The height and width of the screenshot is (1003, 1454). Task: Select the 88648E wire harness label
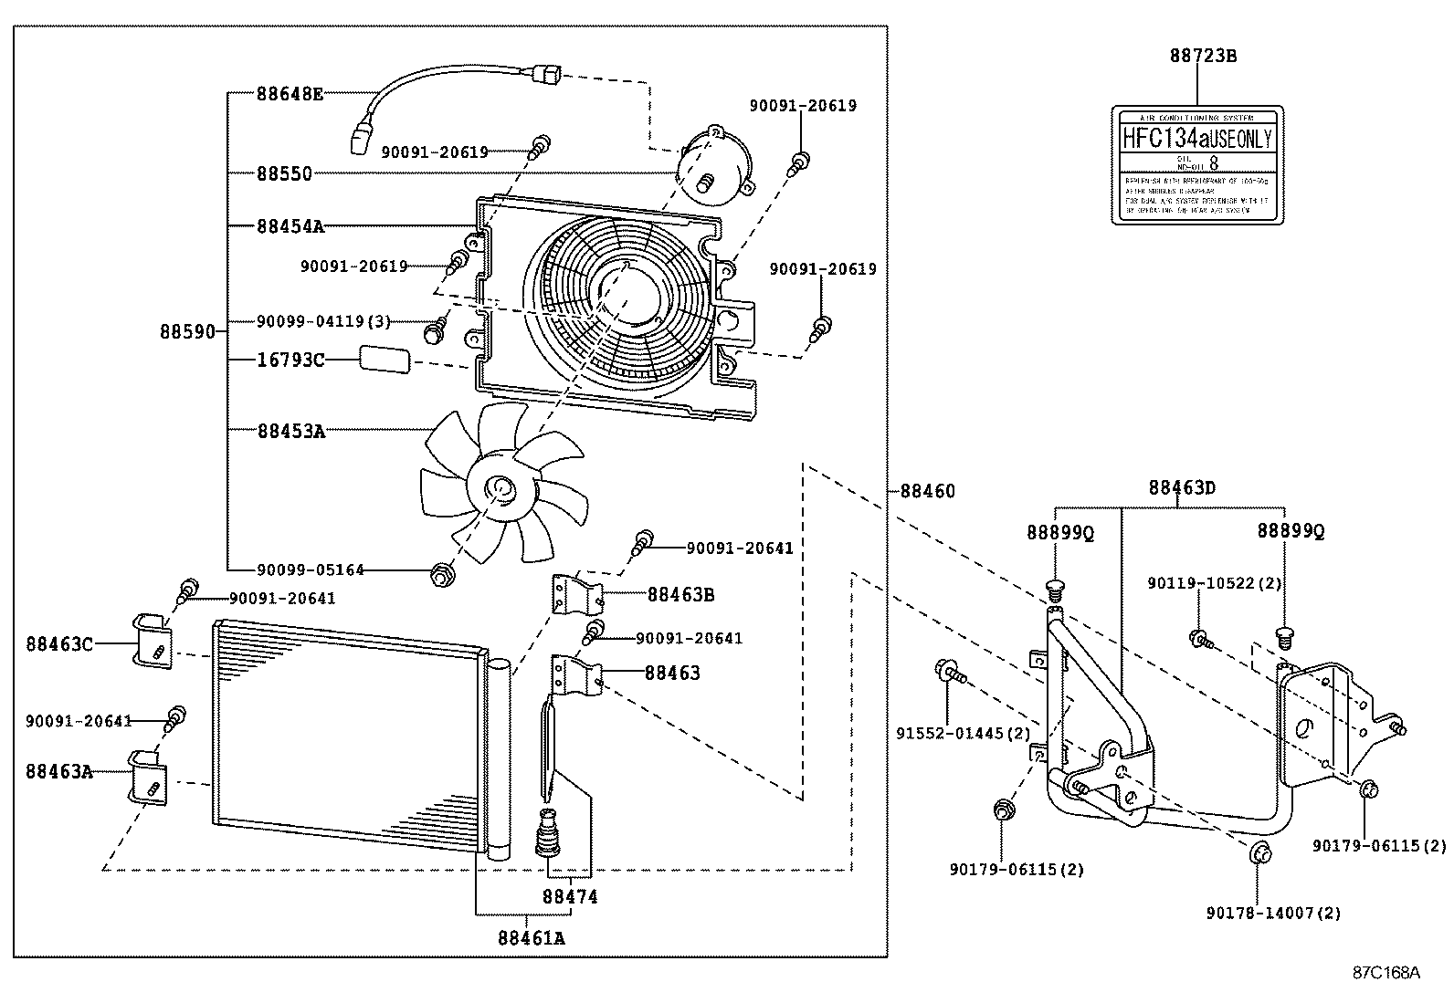(x=290, y=93)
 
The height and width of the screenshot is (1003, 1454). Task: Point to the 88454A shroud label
(x=290, y=225)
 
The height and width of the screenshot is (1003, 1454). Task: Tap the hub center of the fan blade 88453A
(x=500, y=490)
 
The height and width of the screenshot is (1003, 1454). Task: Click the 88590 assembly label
(x=187, y=331)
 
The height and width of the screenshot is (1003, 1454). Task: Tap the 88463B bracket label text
(x=680, y=595)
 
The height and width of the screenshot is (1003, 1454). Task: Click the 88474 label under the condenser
(x=570, y=897)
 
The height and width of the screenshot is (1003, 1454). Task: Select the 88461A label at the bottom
(x=531, y=937)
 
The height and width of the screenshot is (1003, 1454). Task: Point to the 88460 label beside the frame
(x=927, y=491)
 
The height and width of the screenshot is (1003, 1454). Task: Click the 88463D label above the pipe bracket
(x=1181, y=487)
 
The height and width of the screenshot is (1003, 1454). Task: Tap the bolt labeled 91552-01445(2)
(x=946, y=673)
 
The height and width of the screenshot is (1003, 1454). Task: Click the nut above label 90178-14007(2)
(x=1259, y=854)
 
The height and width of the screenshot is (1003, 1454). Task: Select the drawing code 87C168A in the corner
(x=1386, y=972)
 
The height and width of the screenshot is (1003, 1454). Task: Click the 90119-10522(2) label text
(x=1215, y=582)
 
